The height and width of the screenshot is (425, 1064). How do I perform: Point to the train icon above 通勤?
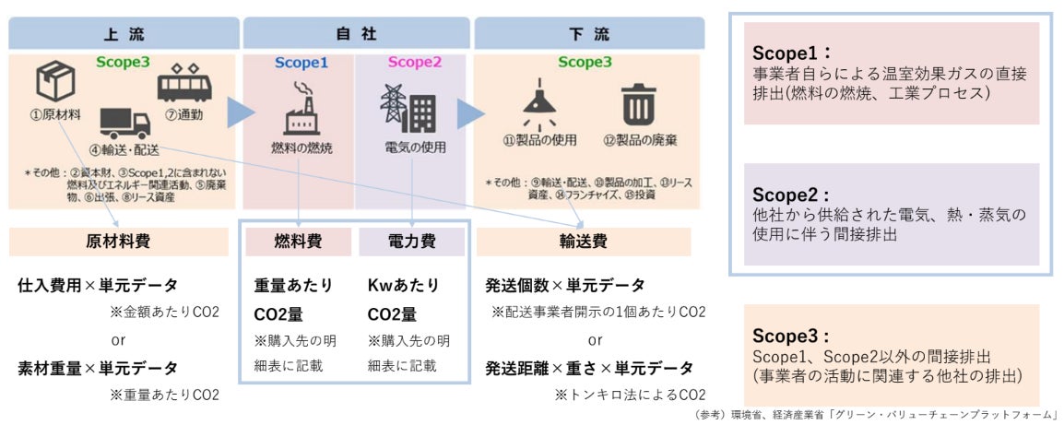tap(184, 86)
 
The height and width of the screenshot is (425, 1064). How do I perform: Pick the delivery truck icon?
tap(124, 123)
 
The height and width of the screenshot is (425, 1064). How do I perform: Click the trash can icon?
tap(636, 104)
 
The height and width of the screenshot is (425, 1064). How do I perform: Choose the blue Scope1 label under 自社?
tap(301, 63)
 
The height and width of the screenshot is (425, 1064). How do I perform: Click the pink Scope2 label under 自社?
tap(414, 63)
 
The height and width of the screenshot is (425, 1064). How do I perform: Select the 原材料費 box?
tap(119, 242)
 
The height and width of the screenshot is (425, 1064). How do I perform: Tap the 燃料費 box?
tap(299, 242)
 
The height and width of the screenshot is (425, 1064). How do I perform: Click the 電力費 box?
tap(410, 242)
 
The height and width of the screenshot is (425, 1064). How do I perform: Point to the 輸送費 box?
tap(584, 242)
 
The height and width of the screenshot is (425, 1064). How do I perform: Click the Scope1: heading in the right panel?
tap(792, 53)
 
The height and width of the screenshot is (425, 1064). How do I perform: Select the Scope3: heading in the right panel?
tap(792, 336)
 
